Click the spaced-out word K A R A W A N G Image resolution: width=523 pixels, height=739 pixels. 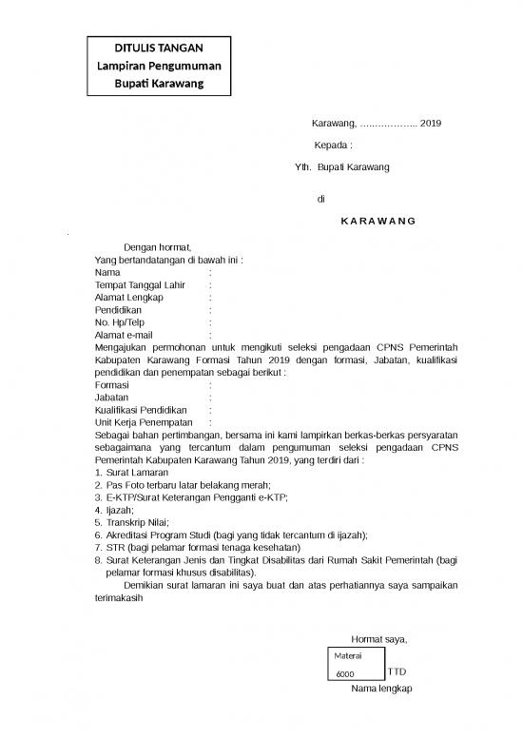tap(378, 221)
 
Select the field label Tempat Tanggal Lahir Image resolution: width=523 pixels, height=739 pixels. tap(140, 284)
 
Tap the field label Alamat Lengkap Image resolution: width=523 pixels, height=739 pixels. tap(129, 297)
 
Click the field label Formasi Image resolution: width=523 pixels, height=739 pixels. tap(112, 385)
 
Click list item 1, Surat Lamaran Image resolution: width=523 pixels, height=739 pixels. tap(137, 472)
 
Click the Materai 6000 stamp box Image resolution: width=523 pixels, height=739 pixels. tap(356, 666)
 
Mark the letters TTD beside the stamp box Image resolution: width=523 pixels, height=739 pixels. tap(397, 672)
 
